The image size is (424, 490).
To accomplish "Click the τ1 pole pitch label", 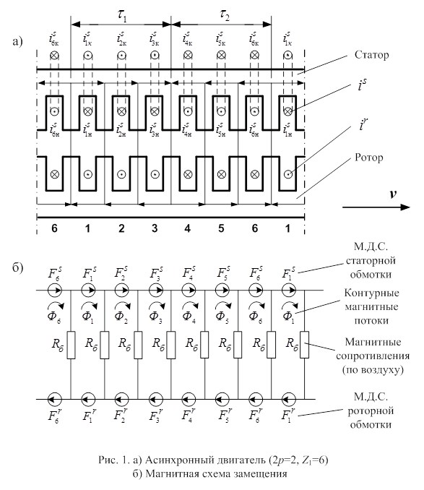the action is point(122,16).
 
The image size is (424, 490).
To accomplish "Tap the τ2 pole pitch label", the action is point(224,15).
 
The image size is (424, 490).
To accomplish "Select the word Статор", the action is point(371,55).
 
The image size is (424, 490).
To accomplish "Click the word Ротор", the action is point(368,158).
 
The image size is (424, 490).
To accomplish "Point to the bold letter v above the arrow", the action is point(393,194).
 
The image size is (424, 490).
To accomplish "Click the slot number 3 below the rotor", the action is point(155,228).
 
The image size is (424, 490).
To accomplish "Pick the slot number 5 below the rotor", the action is point(221,228).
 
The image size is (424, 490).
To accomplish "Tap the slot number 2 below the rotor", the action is point(121,228).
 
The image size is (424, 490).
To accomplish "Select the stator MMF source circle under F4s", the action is point(189,291).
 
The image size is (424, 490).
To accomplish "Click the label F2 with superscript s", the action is point(121,272).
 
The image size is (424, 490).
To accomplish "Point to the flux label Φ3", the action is point(155,317).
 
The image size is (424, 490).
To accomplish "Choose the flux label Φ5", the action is point(221,317).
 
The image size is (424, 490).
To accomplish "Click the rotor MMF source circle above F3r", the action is point(155,399).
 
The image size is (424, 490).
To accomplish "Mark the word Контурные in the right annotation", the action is point(371,293).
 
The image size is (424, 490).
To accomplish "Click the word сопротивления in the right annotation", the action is point(373,356).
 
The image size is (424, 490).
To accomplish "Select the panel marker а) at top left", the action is point(17,42).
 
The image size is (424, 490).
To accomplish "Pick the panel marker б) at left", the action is point(18,267).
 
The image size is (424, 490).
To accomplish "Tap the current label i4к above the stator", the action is point(187,39).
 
